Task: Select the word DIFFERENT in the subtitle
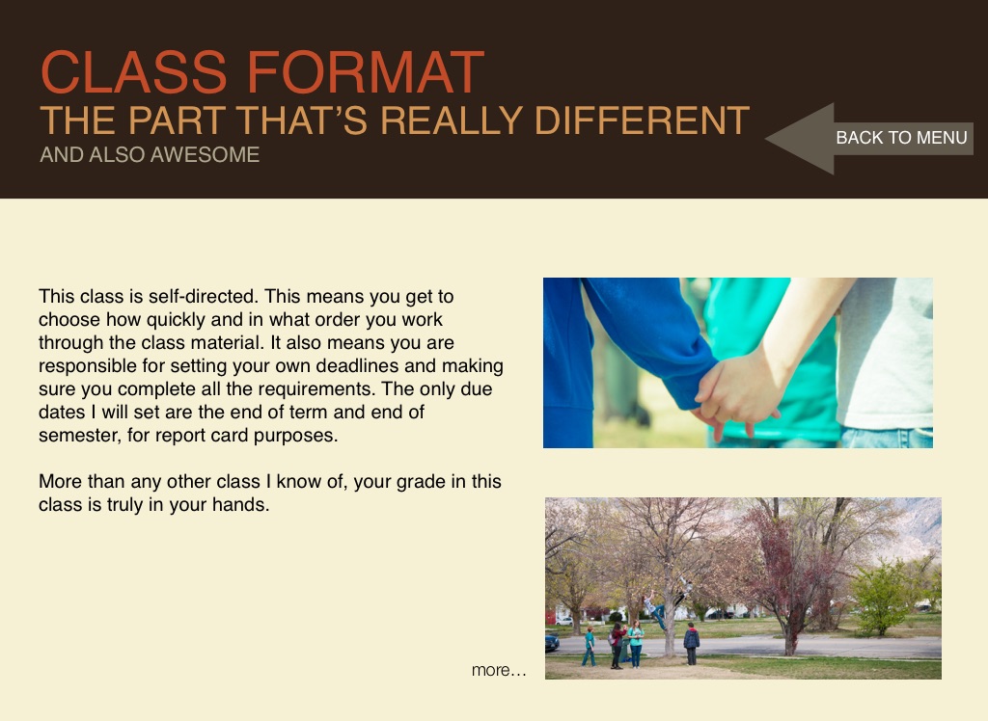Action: click(642, 120)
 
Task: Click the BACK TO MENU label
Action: click(901, 138)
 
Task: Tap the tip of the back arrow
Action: click(765, 139)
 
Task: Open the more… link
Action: click(499, 670)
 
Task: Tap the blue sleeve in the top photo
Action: click(649, 340)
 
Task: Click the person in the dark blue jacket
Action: click(691, 644)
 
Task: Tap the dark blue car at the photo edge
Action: click(551, 642)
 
